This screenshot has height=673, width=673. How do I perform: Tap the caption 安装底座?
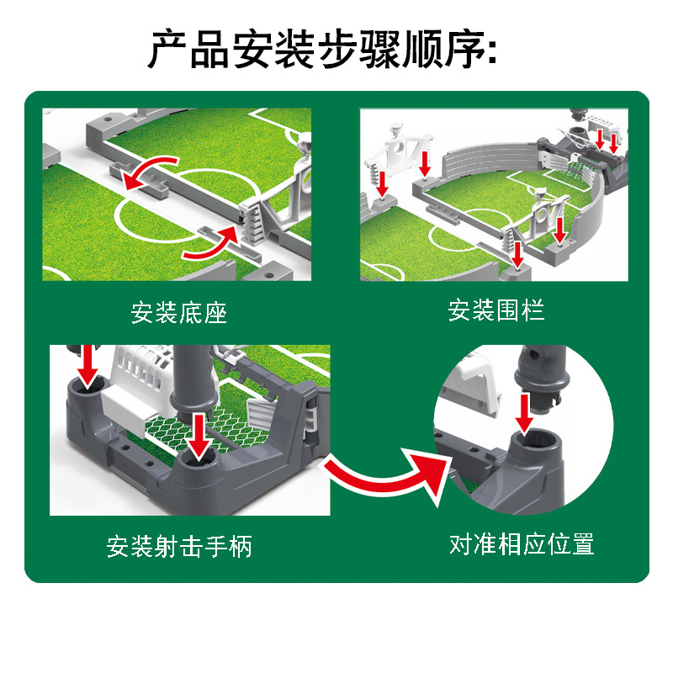[179, 313]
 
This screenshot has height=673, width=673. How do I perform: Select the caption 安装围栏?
[496, 310]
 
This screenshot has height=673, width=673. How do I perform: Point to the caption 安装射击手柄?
[179, 547]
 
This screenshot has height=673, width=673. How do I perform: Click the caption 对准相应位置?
[522, 544]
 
